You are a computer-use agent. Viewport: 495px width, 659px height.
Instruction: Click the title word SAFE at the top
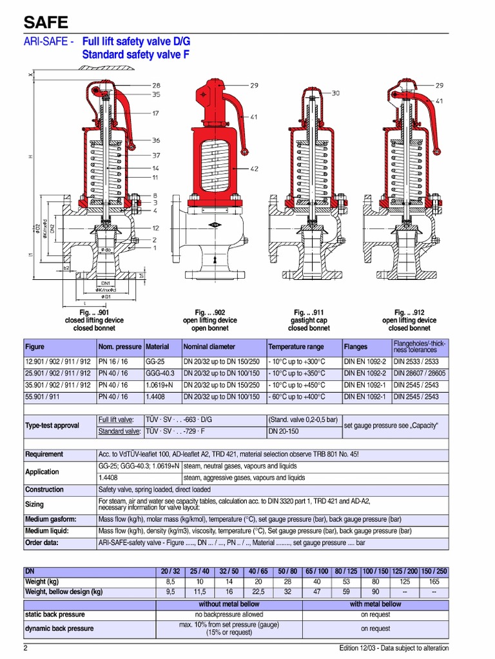pyautogui.click(x=46, y=23)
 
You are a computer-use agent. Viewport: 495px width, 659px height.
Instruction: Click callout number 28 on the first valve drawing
pyautogui.click(x=157, y=85)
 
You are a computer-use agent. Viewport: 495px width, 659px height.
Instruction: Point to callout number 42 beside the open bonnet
pyautogui.click(x=254, y=169)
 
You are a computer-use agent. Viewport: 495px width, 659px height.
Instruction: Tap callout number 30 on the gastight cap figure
pyautogui.click(x=335, y=93)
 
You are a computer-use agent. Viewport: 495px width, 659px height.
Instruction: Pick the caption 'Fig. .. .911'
pyautogui.click(x=308, y=312)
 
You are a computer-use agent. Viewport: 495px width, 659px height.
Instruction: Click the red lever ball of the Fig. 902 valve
pyautogui.click(x=245, y=152)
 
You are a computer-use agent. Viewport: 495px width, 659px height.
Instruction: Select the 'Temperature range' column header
pyautogui.click(x=296, y=346)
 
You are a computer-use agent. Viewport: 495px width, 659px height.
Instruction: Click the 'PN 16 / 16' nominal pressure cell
pyautogui.click(x=113, y=362)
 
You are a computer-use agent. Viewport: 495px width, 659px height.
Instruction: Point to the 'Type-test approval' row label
pyautogui.click(x=52, y=425)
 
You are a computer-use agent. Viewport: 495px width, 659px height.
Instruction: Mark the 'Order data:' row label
pyautogui.click(x=42, y=543)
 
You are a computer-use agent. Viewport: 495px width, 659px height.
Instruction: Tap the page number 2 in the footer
pyautogui.click(x=26, y=647)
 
